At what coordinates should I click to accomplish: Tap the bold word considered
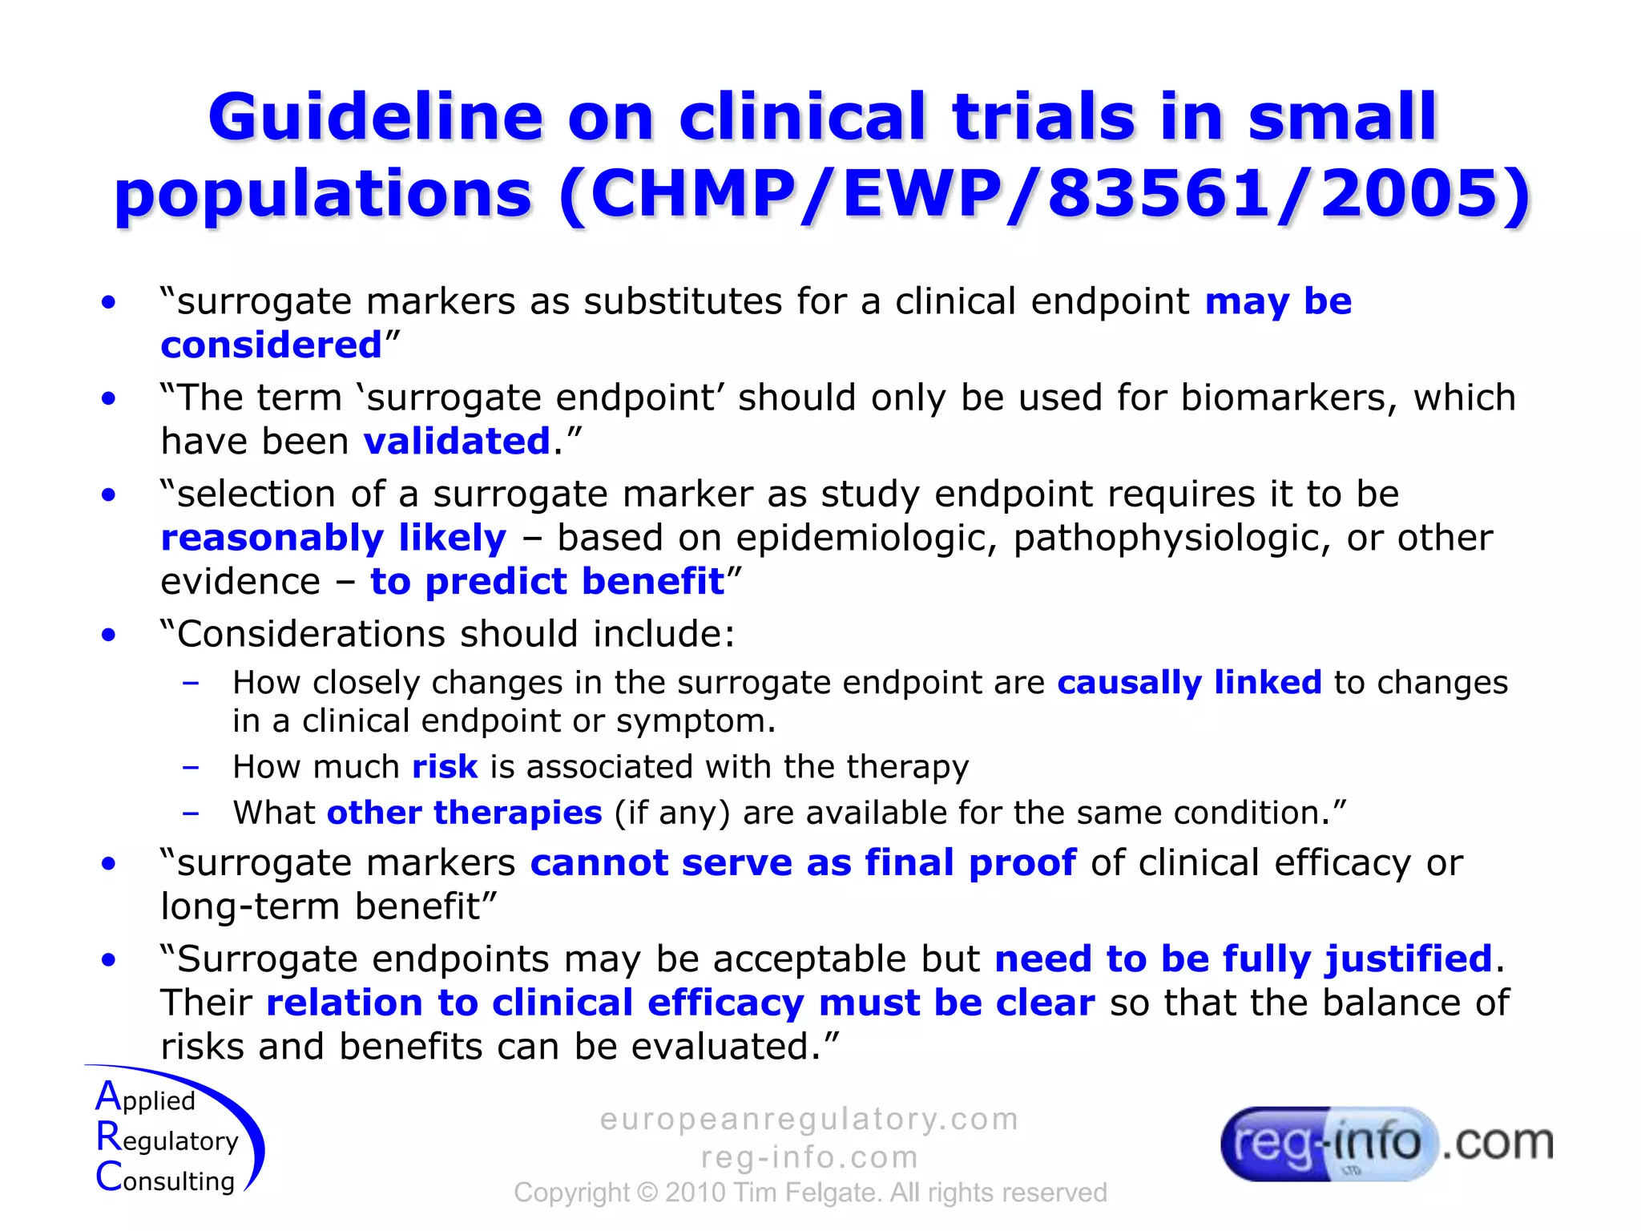point(271,345)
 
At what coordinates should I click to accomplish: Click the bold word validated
point(457,441)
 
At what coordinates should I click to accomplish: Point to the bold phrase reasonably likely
point(333,537)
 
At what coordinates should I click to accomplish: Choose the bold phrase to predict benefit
point(547,581)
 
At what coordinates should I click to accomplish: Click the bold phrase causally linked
point(1189,682)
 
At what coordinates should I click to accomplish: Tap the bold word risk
point(445,767)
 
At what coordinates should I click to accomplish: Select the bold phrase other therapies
point(464,813)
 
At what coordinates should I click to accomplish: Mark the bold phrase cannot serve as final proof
point(803,862)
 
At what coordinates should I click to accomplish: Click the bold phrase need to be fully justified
point(1243,959)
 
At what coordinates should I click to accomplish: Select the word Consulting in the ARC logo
point(165,1179)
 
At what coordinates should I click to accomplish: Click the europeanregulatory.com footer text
point(809,1119)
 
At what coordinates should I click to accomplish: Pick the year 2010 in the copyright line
point(695,1193)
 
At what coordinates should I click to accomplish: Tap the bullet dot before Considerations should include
point(108,635)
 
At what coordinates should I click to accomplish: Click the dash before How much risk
point(191,767)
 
